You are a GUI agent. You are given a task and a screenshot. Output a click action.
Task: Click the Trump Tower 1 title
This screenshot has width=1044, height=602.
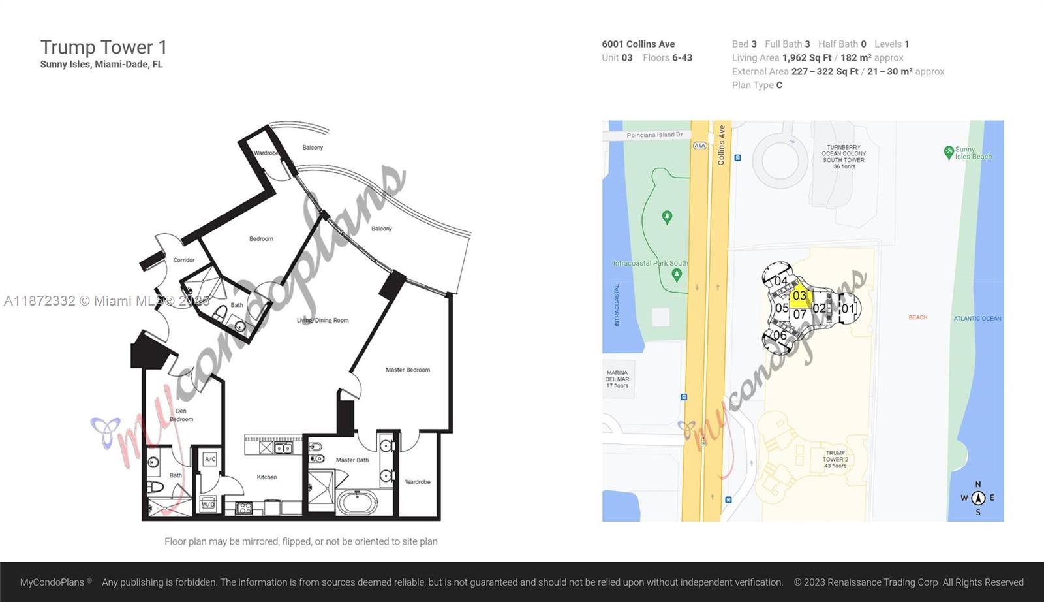pyautogui.click(x=104, y=47)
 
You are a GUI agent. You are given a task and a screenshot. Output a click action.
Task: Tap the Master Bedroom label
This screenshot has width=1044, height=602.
pyautogui.click(x=408, y=370)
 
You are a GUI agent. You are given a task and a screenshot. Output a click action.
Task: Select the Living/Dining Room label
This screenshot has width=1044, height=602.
pyautogui.click(x=322, y=321)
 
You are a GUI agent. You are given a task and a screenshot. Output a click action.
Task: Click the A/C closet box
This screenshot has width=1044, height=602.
pyautogui.click(x=210, y=459)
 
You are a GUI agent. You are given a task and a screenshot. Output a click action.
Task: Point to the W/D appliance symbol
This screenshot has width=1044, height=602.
pyautogui.click(x=208, y=504)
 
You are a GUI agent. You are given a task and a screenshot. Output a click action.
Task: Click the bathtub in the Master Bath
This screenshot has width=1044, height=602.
pyautogui.click(x=358, y=502)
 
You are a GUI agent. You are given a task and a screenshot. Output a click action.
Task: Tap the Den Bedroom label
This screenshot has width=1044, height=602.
pyautogui.click(x=181, y=415)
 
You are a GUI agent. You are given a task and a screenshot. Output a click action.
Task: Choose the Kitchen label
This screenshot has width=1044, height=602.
pyautogui.click(x=267, y=477)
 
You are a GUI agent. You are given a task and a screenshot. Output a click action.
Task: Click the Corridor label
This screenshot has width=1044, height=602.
pyautogui.click(x=184, y=261)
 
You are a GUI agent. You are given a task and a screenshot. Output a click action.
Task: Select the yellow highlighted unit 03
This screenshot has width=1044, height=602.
pyautogui.click(x=800, y=294)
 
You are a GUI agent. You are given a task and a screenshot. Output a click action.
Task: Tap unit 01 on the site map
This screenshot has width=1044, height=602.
pyautogui.click(x=848, y=308)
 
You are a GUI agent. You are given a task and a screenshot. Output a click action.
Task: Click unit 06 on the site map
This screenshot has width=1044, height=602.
pyautogui.click(x=780, y=335)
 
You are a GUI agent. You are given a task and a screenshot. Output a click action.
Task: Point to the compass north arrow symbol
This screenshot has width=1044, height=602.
pyautogui.click(x=978, y=498)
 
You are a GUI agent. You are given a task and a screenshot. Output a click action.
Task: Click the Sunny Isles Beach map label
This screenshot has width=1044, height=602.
pyautogui.click(x=973, y=153)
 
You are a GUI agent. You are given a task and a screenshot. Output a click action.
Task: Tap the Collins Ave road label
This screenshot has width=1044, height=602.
pyautogui.click(x=721, y=145)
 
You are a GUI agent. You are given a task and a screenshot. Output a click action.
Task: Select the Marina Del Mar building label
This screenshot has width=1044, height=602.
pyautogui.click(x=617, y=379)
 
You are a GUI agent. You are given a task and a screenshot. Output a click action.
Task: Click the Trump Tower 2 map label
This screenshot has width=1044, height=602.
pyautogui.click(x=835, y=459)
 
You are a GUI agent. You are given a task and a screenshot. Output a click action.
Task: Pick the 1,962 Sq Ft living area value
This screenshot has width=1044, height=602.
pyautogui.click(x=806, y=58)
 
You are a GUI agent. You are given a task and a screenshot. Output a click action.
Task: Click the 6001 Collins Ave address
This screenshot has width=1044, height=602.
pyautogui.click(x=638, y=44)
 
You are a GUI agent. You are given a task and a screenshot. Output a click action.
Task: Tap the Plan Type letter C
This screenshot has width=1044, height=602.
pyautogui.click(x=779, y=86)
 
